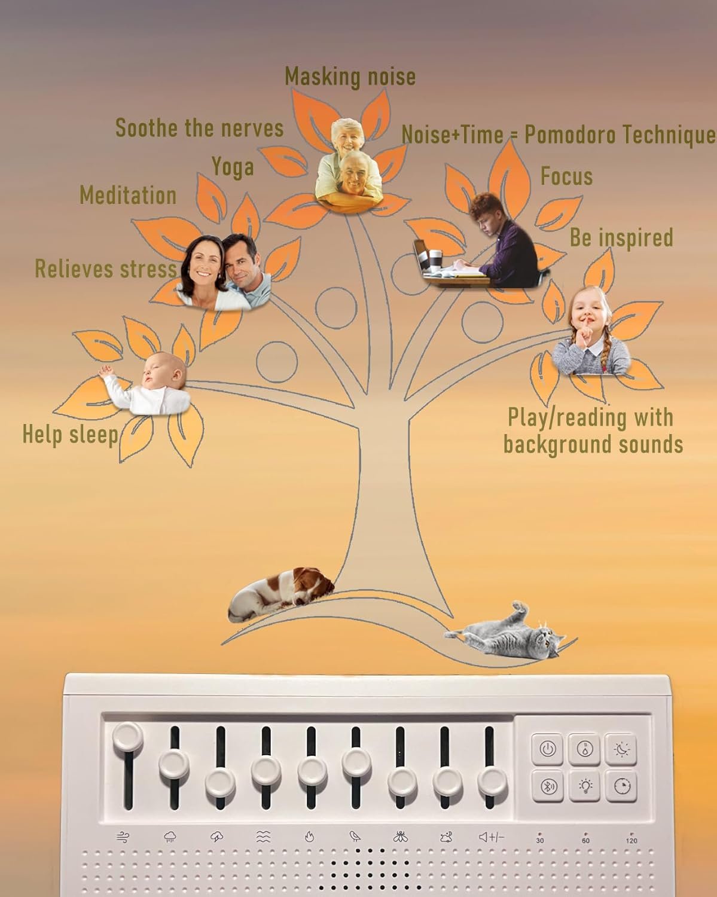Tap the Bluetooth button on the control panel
(x=547, y=786)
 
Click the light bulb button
(x=584, y=786)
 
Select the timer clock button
(x=621, y=786)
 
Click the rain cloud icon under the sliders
(x=170, y=837)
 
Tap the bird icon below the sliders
(x=355, y=837)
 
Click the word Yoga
(x=233, y=167)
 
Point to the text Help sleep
(x=71, y=435)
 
